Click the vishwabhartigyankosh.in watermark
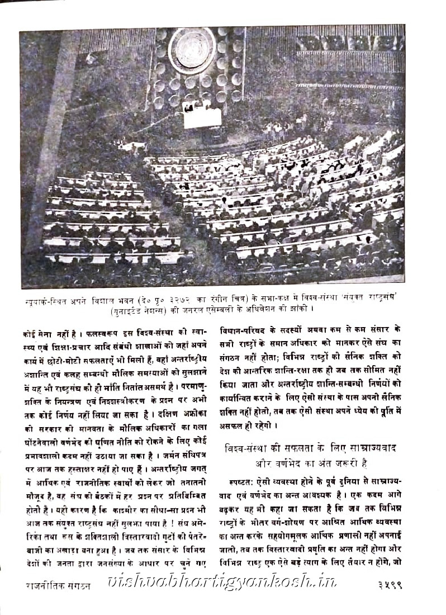coord(224,598)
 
